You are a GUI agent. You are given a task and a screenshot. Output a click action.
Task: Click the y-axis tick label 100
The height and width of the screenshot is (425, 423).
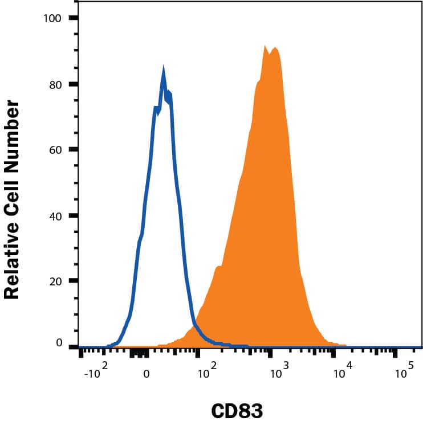click(x=53, y=18)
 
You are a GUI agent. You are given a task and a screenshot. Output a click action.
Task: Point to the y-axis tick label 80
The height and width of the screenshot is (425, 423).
click(x=55, y=84)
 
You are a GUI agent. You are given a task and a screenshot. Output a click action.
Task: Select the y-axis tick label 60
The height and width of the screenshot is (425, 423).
click(x=55, y=150)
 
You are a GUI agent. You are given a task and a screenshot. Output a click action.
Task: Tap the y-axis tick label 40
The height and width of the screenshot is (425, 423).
click(x=55, y=216)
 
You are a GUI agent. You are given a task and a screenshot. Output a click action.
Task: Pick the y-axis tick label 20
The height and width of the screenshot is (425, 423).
click(x=55, y=281)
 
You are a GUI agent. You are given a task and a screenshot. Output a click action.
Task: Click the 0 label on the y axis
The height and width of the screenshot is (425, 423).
click(x=58, y=343)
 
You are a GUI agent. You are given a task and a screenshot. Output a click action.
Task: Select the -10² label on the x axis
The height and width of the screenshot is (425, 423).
click(x=95, y=373)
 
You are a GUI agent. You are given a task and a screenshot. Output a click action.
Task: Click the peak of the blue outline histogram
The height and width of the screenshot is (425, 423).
click(x=163, y=72)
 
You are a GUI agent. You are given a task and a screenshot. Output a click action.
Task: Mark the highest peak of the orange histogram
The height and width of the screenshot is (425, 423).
click(x=265, y=47)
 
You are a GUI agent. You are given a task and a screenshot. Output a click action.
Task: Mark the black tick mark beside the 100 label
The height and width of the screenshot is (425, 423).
click(x=73, y=18)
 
